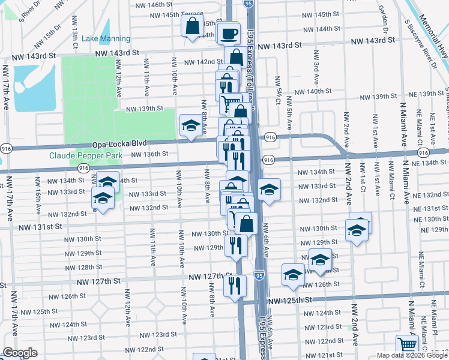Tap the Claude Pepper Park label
(x=85, y=155)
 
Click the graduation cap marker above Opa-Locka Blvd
(x=191, y=126)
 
